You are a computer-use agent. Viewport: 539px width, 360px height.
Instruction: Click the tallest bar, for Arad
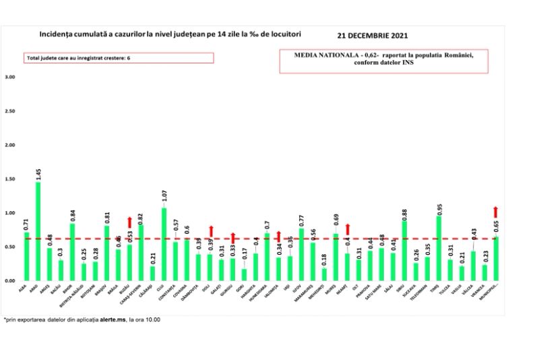click(x=38, y=231)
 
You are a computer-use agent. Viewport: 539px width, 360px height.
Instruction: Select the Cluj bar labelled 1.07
click(x=164, y=244)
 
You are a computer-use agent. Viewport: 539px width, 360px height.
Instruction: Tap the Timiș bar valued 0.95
click(x=439, y=248)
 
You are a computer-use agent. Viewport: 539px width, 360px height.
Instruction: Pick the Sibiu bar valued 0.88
click(x=404, y=250)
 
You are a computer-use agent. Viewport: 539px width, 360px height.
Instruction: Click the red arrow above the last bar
click(x=496, y=212)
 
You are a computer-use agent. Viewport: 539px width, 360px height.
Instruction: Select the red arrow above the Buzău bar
click(x=130, y=222)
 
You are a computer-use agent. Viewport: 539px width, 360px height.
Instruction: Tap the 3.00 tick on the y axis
click(x=9, y=77)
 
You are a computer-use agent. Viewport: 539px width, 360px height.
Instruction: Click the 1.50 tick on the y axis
click(x=9, y=179)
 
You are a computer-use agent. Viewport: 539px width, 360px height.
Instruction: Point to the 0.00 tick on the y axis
click(x=9, y=280)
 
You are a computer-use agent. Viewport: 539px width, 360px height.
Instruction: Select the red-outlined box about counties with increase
click(x=119, y=58)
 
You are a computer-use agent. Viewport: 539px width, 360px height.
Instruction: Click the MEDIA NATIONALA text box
click(x=384, y=59)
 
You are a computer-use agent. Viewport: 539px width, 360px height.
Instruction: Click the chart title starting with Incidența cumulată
click(x=170, y=33)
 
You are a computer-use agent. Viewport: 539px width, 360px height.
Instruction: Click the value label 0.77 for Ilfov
click(x=301, y=220)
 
